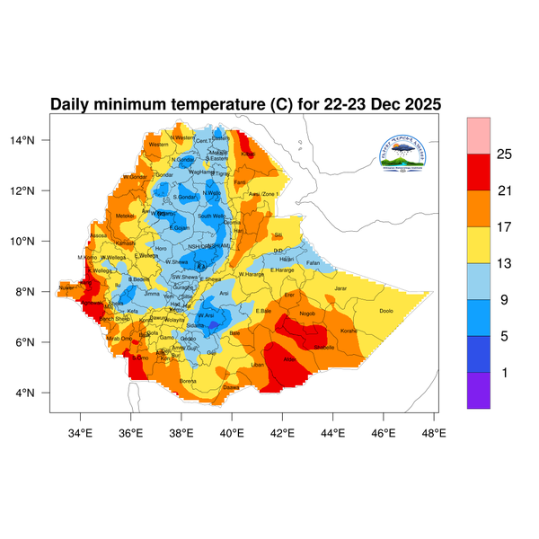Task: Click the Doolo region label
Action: pos(387,311)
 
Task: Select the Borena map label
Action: pos(188,381)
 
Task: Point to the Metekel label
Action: pos(125,216)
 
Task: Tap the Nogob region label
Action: pos(308,314)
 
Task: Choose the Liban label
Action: pos(258,365)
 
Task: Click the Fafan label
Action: pos(314,262)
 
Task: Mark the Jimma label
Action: pos(152,293)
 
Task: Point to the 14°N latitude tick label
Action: pos(34,140)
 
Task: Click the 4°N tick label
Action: pos(37,393)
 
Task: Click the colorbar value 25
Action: pos(504,155)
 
